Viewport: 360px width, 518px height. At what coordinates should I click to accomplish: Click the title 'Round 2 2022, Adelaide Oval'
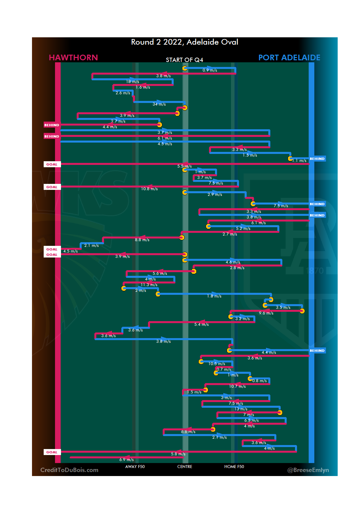[184, 42]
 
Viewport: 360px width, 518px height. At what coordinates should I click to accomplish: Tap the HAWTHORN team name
[73, 58]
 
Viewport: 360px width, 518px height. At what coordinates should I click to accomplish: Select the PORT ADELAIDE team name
[289, 58]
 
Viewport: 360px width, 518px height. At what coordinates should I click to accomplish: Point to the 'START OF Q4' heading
[184, 60]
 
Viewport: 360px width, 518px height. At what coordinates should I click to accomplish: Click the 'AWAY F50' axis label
[135, 467]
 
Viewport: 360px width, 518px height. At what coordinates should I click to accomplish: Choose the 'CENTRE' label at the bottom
[185, 467]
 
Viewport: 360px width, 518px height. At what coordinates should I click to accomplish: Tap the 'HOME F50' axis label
[234, 467]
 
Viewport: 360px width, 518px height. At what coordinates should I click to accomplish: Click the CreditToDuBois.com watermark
[69, 470]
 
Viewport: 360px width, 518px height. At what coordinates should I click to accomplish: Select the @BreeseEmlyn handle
[308, 470]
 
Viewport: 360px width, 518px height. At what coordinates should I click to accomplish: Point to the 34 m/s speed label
[159, 104]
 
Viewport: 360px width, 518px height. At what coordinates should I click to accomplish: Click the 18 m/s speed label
[132, 82]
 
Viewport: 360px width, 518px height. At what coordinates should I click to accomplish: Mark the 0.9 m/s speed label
[210, 70]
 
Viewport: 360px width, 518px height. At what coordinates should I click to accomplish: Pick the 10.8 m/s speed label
[149, 189]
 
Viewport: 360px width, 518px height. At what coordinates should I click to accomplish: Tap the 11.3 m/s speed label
[149, 285]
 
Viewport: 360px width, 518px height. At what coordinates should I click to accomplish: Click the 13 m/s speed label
[241, 409]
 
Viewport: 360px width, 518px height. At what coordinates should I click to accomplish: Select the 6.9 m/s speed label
[126, 460]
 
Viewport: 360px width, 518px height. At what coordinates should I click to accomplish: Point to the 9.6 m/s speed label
[266, 313]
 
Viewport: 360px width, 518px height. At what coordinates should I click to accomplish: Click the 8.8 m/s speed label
[142, 240]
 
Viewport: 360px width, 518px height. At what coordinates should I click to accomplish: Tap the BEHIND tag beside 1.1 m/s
[317, 159]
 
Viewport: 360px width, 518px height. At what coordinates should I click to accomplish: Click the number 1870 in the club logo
[315, 271]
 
